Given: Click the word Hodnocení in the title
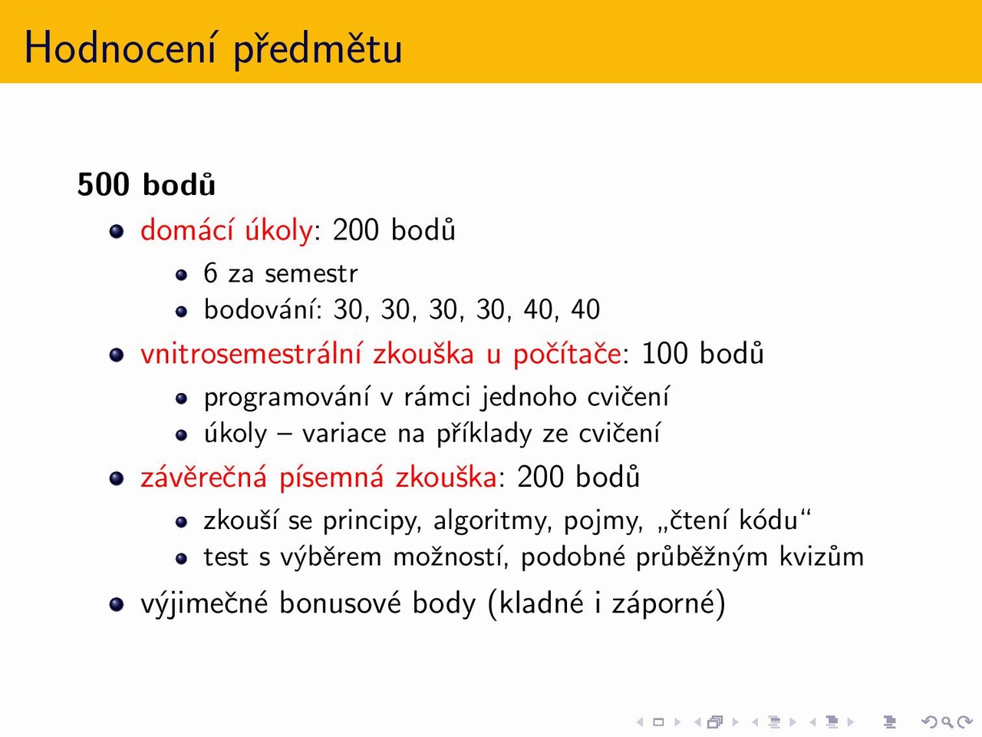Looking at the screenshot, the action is [x=120, y=48].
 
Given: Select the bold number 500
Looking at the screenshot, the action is [x=104, y=184].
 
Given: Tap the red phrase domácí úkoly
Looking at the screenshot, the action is [x=226, y=230].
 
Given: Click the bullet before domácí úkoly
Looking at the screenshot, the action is [x=117, y=231].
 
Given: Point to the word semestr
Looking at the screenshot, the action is [x=311, y=273].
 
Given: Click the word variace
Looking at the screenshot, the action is [x=344, y=434].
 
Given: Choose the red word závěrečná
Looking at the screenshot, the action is [x=203, y=477].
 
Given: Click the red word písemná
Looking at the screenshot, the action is [x=331, y=478].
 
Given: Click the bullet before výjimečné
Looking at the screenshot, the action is [x=117, y=604].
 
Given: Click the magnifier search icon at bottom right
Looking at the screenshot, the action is [x=947, y=722].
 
